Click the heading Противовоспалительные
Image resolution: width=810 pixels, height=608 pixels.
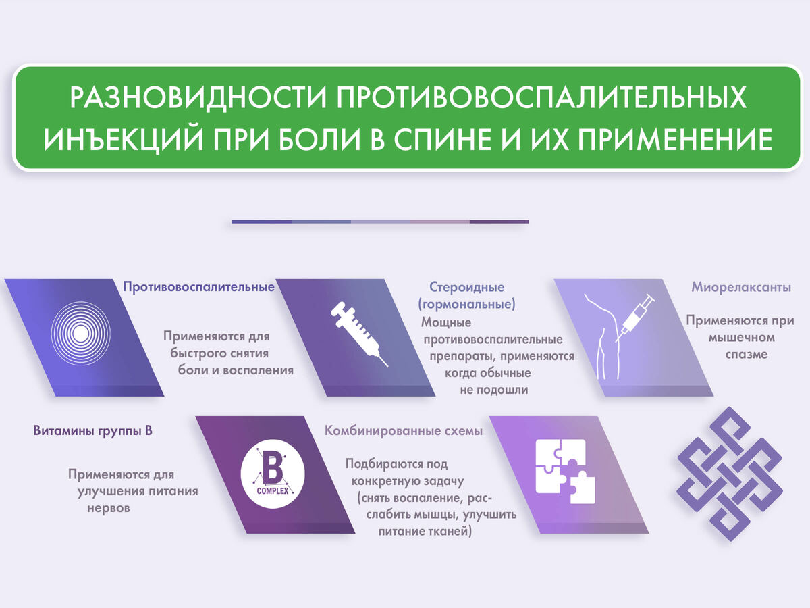click(198, 287)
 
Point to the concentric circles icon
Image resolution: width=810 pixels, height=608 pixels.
click(80, 333)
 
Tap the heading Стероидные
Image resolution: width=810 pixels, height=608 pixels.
click(467, 287)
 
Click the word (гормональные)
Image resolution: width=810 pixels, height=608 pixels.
click(467, 304)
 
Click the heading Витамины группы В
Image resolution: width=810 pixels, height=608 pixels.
click(92, 430)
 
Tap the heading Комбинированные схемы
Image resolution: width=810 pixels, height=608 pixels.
click(404, 430)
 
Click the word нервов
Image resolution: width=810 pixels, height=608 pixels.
click(109, 508)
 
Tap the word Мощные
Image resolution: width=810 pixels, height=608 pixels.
click(446, 322)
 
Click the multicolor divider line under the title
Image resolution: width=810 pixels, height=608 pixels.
click(380, 221)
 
